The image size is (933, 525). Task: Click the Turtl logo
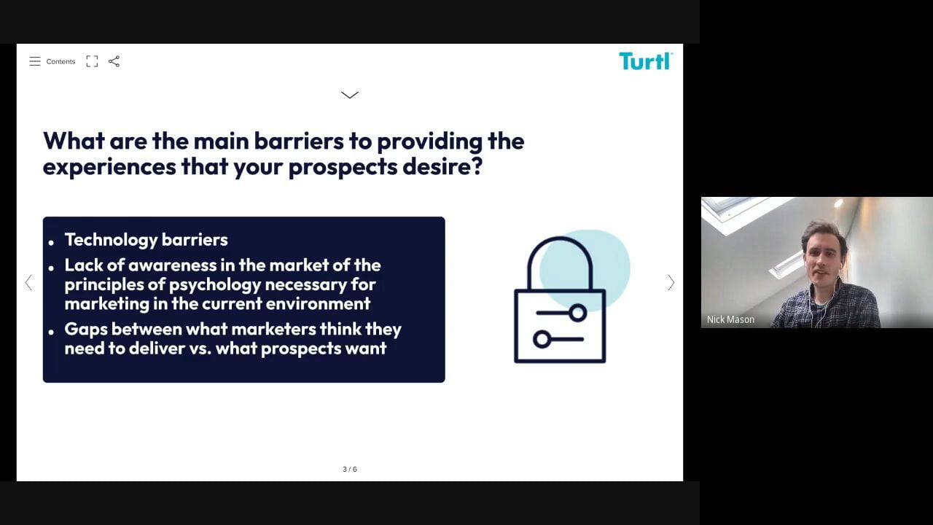pos(646,61)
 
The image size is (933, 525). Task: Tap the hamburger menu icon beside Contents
pos(35,61)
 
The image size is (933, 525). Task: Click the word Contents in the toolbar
pos(60,62)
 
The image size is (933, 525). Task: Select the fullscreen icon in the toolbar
pos(92,61)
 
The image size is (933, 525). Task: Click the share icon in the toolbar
pos(114,61)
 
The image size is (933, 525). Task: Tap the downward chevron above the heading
pos(349,95)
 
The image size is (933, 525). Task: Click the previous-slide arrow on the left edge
pos(28,282)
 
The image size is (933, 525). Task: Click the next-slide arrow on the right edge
pos(671,282)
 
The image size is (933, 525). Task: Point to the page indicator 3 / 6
pos(349,469)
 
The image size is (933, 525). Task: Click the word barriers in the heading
pos(299,141)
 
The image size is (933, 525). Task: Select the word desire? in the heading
pos(442,167)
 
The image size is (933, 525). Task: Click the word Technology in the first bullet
pos(110,240)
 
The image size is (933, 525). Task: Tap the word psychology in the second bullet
pos(214,285)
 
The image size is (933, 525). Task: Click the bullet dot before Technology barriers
pos(51,242)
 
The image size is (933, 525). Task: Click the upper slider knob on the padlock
pos(578,313)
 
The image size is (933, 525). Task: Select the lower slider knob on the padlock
pos(542,339)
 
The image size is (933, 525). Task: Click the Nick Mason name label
pos(730,319)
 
